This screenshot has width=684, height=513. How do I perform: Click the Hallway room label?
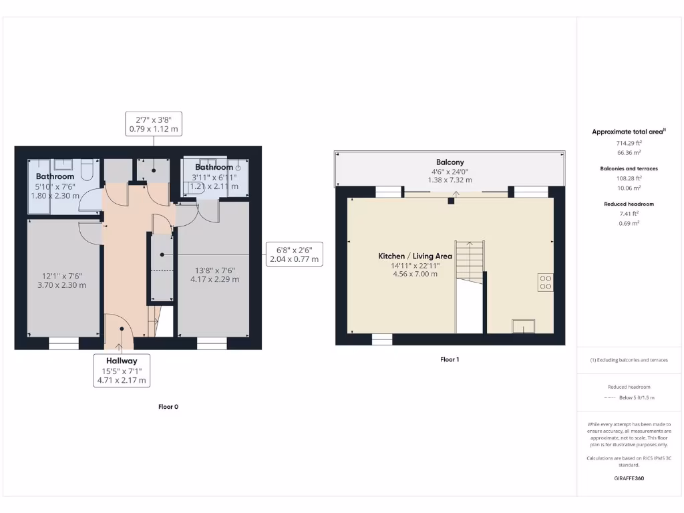(x=120, y=361)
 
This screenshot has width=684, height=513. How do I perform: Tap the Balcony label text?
(x=450, y=162)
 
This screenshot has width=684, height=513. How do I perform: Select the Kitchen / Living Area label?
(x=415, y=256)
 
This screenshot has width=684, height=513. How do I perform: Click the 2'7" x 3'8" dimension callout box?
(x=154, y=124)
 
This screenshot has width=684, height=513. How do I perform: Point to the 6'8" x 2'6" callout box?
(x=294, y=254)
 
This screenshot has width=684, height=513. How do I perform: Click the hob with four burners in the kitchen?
(x=545, y=283)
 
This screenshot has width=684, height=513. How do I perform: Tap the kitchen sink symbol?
(x=522, y=326)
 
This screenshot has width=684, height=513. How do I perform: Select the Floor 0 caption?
(x=168, y=406)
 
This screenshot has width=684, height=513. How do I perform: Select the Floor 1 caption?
(x=450, y=359)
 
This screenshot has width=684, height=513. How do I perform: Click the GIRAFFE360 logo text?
(x=629, y=478)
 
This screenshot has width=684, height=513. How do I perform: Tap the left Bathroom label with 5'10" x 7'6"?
(x=55, y=177)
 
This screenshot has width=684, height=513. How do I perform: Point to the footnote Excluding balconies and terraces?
(x=629, y=360)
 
